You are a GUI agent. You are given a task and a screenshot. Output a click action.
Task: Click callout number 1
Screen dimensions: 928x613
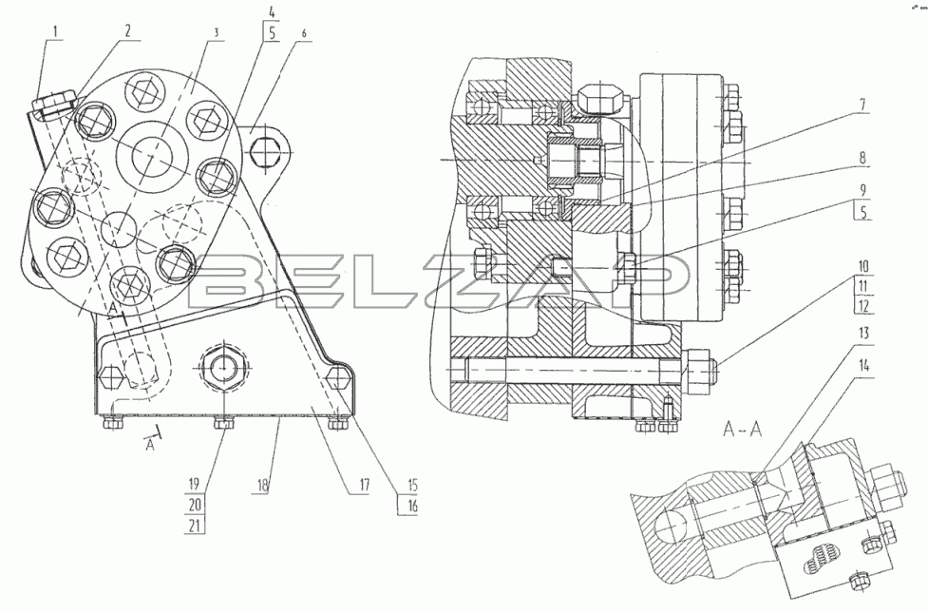57,31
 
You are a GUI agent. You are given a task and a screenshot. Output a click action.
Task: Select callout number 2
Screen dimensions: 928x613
128,31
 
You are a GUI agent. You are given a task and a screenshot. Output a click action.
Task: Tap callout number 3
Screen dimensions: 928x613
216,32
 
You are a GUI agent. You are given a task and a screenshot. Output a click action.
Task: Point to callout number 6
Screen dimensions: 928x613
304,34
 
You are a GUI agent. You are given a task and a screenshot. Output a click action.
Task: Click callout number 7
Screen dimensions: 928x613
862,105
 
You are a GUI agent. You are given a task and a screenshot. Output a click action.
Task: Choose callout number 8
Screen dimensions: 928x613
862,158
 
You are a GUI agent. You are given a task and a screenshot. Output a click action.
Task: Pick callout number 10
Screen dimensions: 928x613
863,267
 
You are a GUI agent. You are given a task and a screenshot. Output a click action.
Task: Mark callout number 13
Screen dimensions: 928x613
863,333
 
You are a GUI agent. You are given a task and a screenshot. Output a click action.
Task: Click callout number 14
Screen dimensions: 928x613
863,366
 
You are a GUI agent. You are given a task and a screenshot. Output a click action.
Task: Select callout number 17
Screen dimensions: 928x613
364,486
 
